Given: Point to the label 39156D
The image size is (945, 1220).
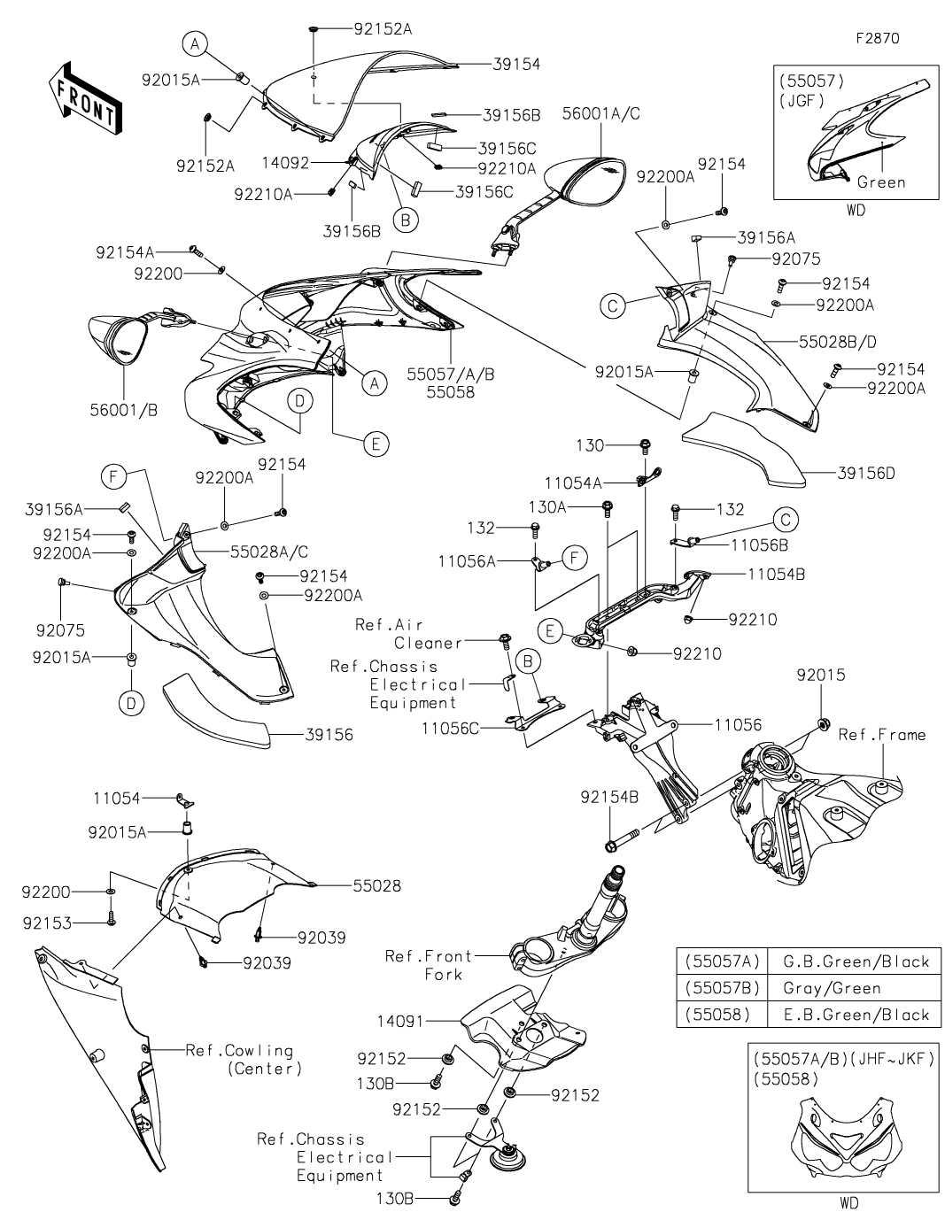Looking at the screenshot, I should [x=865, y=473].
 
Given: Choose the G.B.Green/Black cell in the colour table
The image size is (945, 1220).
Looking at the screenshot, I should [x=856, y=961].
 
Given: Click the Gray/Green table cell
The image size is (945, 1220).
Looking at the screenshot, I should [x=832, y=988].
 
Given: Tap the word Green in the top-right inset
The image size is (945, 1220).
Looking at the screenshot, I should [x=881, y=182].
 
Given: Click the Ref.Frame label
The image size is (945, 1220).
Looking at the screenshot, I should [x=882, y=734].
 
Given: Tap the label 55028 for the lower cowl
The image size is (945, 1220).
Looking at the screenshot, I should [x=376, y=884].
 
